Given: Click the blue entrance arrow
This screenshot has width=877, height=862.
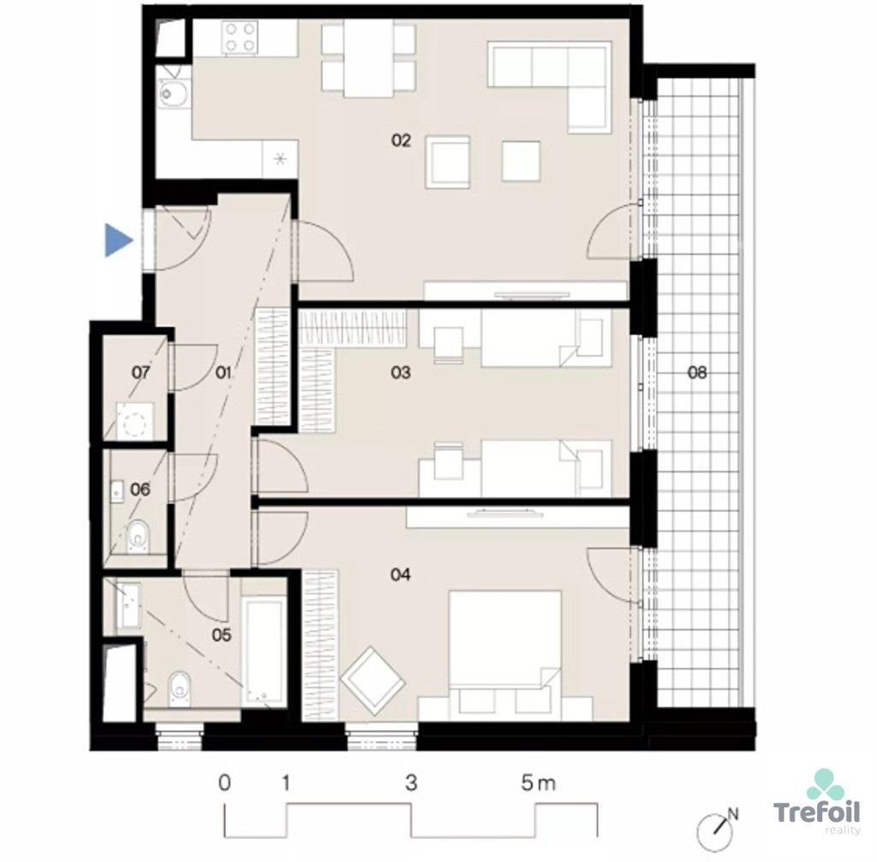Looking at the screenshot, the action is [118, 241].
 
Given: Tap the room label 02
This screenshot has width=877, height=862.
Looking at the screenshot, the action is [401, 140].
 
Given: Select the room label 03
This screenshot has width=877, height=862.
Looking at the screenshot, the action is [401, 372].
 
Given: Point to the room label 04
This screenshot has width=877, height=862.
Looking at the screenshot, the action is [401, 574].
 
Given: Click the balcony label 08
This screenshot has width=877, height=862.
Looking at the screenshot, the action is [697, 372].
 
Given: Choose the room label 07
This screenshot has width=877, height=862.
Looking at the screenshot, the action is [141, 372].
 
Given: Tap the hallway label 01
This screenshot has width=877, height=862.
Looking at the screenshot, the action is [224, 372].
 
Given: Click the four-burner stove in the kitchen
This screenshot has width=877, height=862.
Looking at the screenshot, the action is [241, 38].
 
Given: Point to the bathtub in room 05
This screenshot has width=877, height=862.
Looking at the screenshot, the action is [265, 654].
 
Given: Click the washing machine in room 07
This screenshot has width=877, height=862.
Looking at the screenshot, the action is [134, 420].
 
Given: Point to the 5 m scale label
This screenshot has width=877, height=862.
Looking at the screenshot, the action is [538, 783].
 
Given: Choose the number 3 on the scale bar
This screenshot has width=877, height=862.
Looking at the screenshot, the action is [412, 783].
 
